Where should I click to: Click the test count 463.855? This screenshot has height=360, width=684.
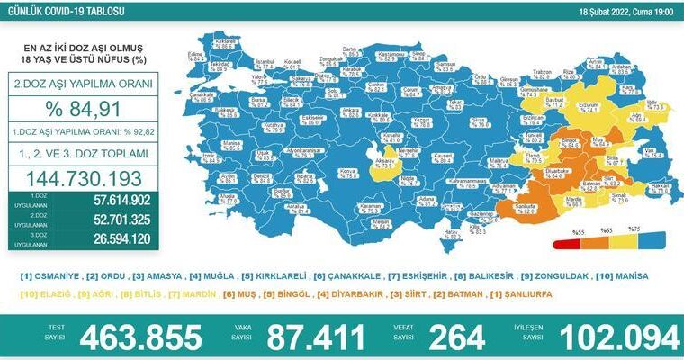coord(140,338)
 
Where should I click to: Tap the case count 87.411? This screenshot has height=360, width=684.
coord(310,338)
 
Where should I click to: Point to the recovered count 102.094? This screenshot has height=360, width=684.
coord(616,338)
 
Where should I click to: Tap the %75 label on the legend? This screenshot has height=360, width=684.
coord(633,229)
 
